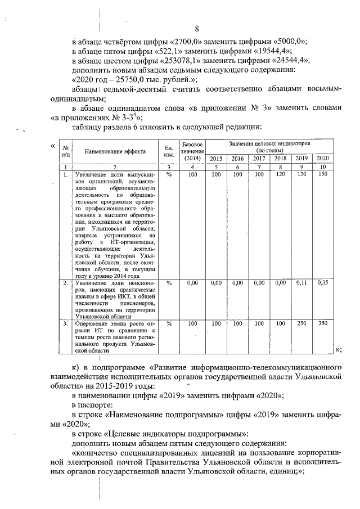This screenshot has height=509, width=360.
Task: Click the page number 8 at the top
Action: pos(197,29)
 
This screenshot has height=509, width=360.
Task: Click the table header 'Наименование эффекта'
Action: pos(115,151)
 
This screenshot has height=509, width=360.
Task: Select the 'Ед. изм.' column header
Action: pos(168,151)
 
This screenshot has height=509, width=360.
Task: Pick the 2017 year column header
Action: pos(259,159)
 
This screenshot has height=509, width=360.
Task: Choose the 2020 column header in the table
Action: pos(322,159)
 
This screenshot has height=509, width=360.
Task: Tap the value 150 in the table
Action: pos(322,175)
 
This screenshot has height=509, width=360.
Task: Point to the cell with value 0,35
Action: pos(322,283)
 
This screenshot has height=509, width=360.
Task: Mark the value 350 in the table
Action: pos(322,324)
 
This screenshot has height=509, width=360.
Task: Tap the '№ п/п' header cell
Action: pos(66,151)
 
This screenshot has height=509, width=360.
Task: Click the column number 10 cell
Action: pos(322,167)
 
